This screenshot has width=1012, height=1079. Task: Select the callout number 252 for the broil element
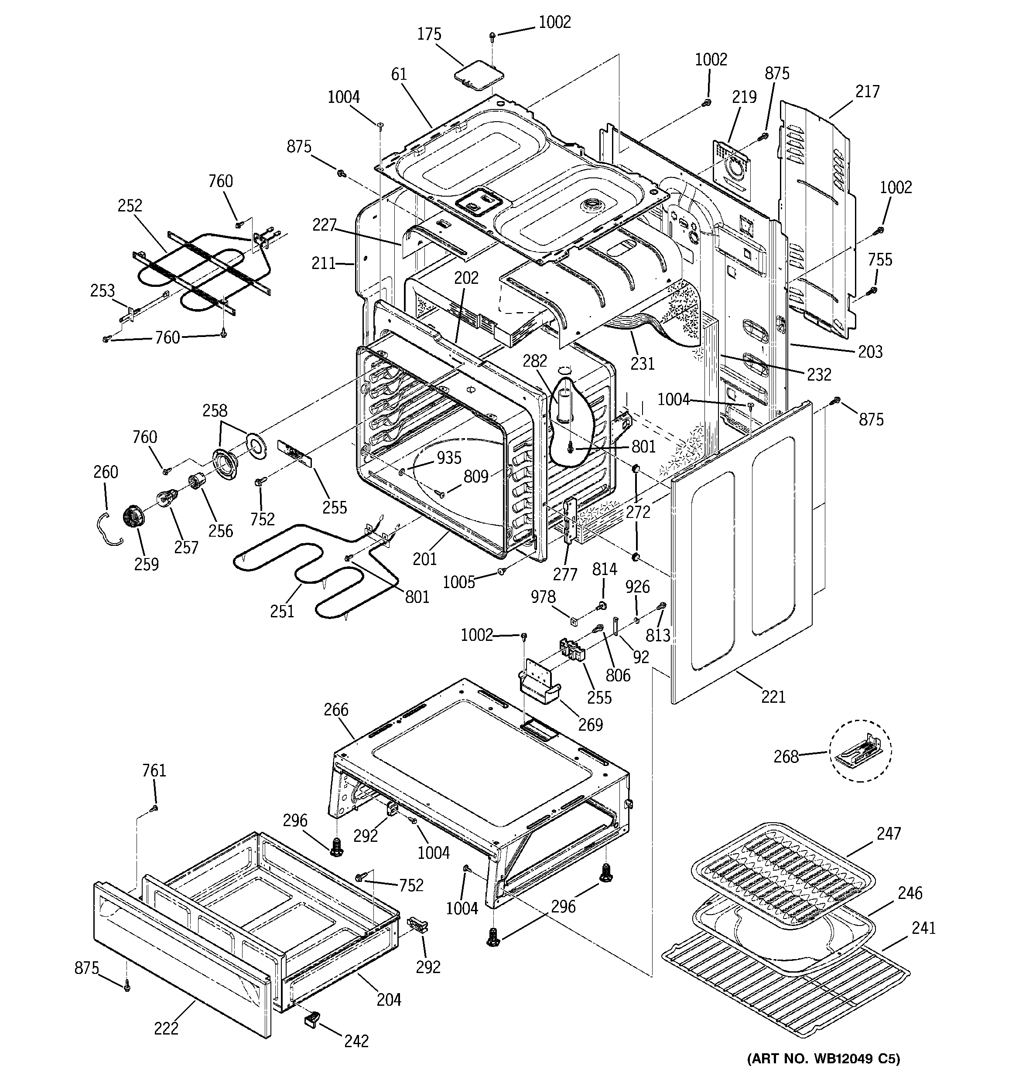click(130, 206)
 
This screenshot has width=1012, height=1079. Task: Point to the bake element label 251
click(282, 612)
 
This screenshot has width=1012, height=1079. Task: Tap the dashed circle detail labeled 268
click(859, 751)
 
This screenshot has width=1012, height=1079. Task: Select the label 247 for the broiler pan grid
click(888, 833)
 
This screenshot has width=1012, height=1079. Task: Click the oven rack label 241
click(923, 928)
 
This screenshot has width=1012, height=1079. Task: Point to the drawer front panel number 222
click(166, 1028)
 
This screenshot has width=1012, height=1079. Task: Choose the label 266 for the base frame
click(336, 710)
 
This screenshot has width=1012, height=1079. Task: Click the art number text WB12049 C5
click(824, 1059)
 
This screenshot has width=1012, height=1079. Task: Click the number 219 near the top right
click(744, 97)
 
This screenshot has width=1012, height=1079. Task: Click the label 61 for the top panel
click(399, 75)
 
